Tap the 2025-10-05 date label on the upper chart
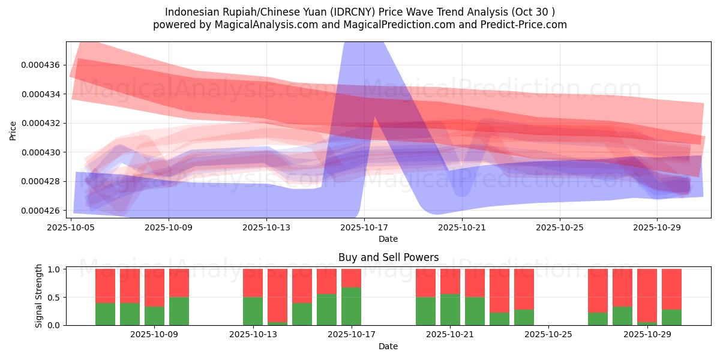pos(71,228)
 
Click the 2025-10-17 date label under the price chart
pos(364,228)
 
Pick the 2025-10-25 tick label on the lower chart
pos(548,335)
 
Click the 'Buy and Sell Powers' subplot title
pos(388,257)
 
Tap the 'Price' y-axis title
pos(13,130)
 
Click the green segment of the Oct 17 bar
pos(351,306)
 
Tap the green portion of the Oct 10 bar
pos(179,311)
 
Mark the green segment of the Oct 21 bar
pos(450,310)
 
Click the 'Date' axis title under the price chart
pos(388,239)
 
